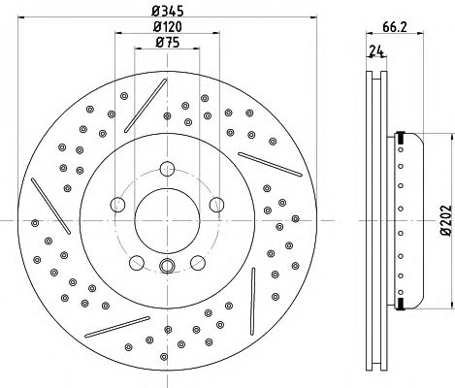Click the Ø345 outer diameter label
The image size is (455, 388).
pos(167,11)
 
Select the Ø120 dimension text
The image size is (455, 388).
pos(167,26)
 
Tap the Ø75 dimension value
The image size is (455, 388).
pos(167,42)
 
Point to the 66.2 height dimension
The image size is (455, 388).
pos(395,27)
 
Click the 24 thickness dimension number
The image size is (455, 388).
pos(376,50)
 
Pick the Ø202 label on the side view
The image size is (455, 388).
pos(446,219)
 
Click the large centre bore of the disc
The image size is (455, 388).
pos(167,221)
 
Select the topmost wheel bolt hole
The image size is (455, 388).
pos(167,169)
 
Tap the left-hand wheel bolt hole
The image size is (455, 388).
pos(117,205)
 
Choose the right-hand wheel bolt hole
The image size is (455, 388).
pos(216,205)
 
